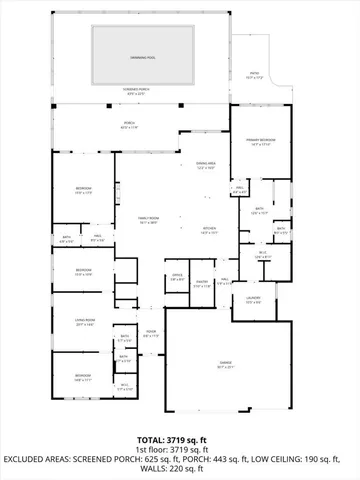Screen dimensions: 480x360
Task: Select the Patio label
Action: coord(255,73)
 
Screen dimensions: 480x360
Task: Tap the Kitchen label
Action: coord(209,230)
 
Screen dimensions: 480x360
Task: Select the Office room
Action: coord(177,278)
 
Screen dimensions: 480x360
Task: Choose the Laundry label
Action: coord(254,300)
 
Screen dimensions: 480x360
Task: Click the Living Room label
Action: coord(85,320)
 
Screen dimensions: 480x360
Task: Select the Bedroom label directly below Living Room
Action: coord(83,377)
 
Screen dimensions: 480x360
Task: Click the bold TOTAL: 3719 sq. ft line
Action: coord(180,439)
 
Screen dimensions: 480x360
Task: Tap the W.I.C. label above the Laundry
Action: coord(262,255)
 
